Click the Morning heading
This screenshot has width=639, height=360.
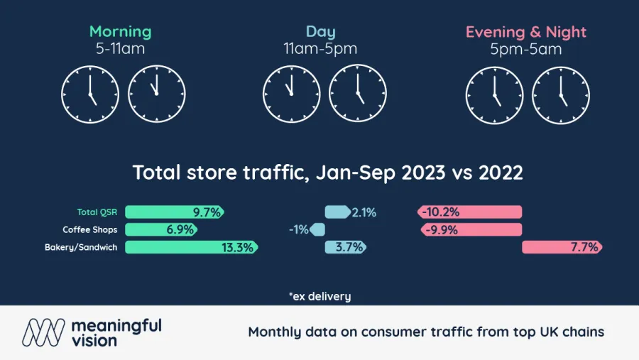120,32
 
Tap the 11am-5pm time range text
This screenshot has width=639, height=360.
320,49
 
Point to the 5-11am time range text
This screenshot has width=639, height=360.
120,49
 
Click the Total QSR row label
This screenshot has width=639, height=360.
97,212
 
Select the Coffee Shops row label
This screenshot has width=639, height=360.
89,229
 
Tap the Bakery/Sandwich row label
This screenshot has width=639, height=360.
80,247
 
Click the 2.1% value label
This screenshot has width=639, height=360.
364,212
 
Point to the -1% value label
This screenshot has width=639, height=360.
298,229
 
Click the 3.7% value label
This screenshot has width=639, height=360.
354,247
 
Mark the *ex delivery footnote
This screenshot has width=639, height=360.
319,296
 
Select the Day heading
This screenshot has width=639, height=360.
320,32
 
